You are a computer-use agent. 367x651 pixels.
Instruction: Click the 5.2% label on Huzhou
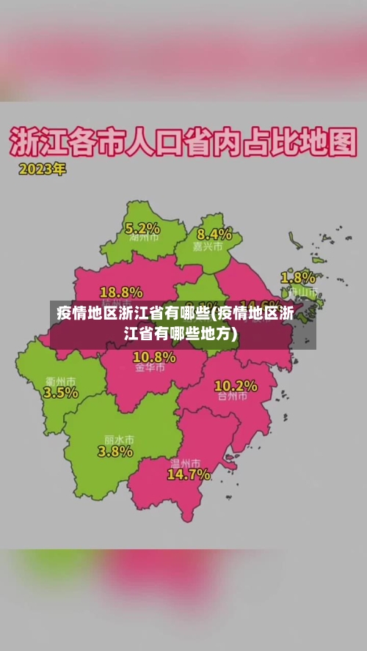pos(142,228)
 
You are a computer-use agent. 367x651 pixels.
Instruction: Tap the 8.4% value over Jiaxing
pos(214,235)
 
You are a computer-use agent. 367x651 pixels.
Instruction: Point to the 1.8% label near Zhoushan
pos(298,278)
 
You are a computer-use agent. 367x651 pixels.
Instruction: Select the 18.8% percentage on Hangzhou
pos(121,291)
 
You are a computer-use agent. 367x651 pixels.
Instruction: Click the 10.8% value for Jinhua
pos(154,357)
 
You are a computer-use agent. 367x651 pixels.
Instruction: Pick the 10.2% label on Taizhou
pos(236,385)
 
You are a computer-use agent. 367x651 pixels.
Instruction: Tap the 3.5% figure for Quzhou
pos(60,392)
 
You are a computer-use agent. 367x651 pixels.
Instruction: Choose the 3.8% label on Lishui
pos(115,451)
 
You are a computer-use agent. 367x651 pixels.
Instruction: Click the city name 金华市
pos(150,368)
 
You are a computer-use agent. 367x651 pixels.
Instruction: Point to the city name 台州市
pos(233,397)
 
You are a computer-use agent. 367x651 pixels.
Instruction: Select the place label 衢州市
pos(60,381)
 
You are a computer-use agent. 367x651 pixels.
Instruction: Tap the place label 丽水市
pos(119,439)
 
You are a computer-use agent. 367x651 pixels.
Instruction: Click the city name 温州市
pos(185,463)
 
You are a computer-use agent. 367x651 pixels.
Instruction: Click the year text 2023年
pos(42,169)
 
